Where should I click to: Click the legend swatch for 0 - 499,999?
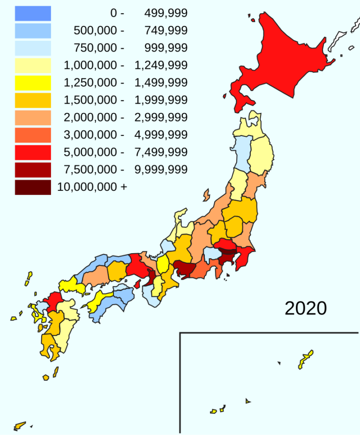click(x=33, y=14)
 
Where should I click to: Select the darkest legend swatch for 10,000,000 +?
click(x=33, y=187)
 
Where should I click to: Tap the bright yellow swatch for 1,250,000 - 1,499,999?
click(x=33, y=83)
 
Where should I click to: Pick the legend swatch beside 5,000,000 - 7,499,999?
click(x=33, y=152)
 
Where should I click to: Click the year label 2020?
click(x=306, y=308)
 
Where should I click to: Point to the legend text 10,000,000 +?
click(x=92, y=187)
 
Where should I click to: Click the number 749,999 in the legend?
click(x=161, y=31)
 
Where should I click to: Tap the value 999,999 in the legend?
click(x=161, y=48)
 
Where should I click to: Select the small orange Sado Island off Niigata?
click(x=206, y=194)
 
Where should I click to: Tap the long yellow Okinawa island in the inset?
click(x=306, y=360)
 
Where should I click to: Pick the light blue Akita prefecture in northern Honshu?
click(x=242, y=152)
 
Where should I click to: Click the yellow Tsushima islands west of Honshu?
click(x=29, y=278)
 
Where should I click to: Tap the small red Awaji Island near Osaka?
click(x=139, y=283)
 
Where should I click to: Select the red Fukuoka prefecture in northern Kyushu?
click(x=54, y=300)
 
